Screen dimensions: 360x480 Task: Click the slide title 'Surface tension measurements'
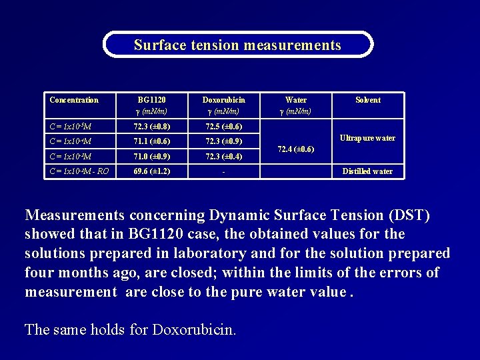coord(237,45)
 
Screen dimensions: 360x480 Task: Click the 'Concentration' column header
coord(74,100)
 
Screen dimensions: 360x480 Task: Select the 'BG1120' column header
coord(152,100)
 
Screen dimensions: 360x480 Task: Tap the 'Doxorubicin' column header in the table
coord(224,100)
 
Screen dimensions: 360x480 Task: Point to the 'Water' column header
coord(296,100)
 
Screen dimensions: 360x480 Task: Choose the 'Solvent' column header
coord(368,100)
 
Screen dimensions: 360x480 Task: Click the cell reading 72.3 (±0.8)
coord(152,126)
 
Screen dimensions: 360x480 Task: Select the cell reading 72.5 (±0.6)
coord(224,126)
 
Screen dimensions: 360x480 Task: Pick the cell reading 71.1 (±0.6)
coord(152,141)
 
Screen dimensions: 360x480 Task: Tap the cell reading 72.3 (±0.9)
coord(224,141)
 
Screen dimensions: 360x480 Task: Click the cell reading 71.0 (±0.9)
coord(152,157)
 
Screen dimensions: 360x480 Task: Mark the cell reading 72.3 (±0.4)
coord(224,157)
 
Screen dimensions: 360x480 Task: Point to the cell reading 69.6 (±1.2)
coord(152,171)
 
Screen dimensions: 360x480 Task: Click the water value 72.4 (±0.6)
coord(296,149)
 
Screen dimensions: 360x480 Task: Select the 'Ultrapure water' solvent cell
coord(367,138)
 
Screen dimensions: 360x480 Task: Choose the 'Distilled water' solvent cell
coord(367,171)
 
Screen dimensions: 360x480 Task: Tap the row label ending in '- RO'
coord(79,171)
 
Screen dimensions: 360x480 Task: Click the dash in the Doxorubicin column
coord(224,172)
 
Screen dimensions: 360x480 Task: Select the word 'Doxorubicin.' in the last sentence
coord(194,329)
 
